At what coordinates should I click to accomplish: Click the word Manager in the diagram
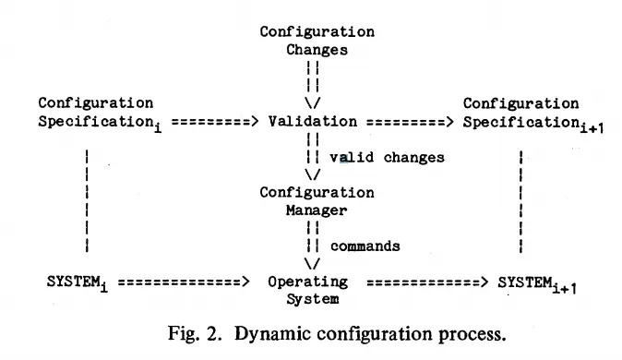point(317,210)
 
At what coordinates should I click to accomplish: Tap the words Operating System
point(309,290)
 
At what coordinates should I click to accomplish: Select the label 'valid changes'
point(387,158)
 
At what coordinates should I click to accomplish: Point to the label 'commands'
point(365,246)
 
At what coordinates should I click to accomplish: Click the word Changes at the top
point(317,51)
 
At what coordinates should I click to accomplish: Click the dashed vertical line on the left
point(86,201)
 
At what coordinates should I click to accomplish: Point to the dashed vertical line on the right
point(521,201)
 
